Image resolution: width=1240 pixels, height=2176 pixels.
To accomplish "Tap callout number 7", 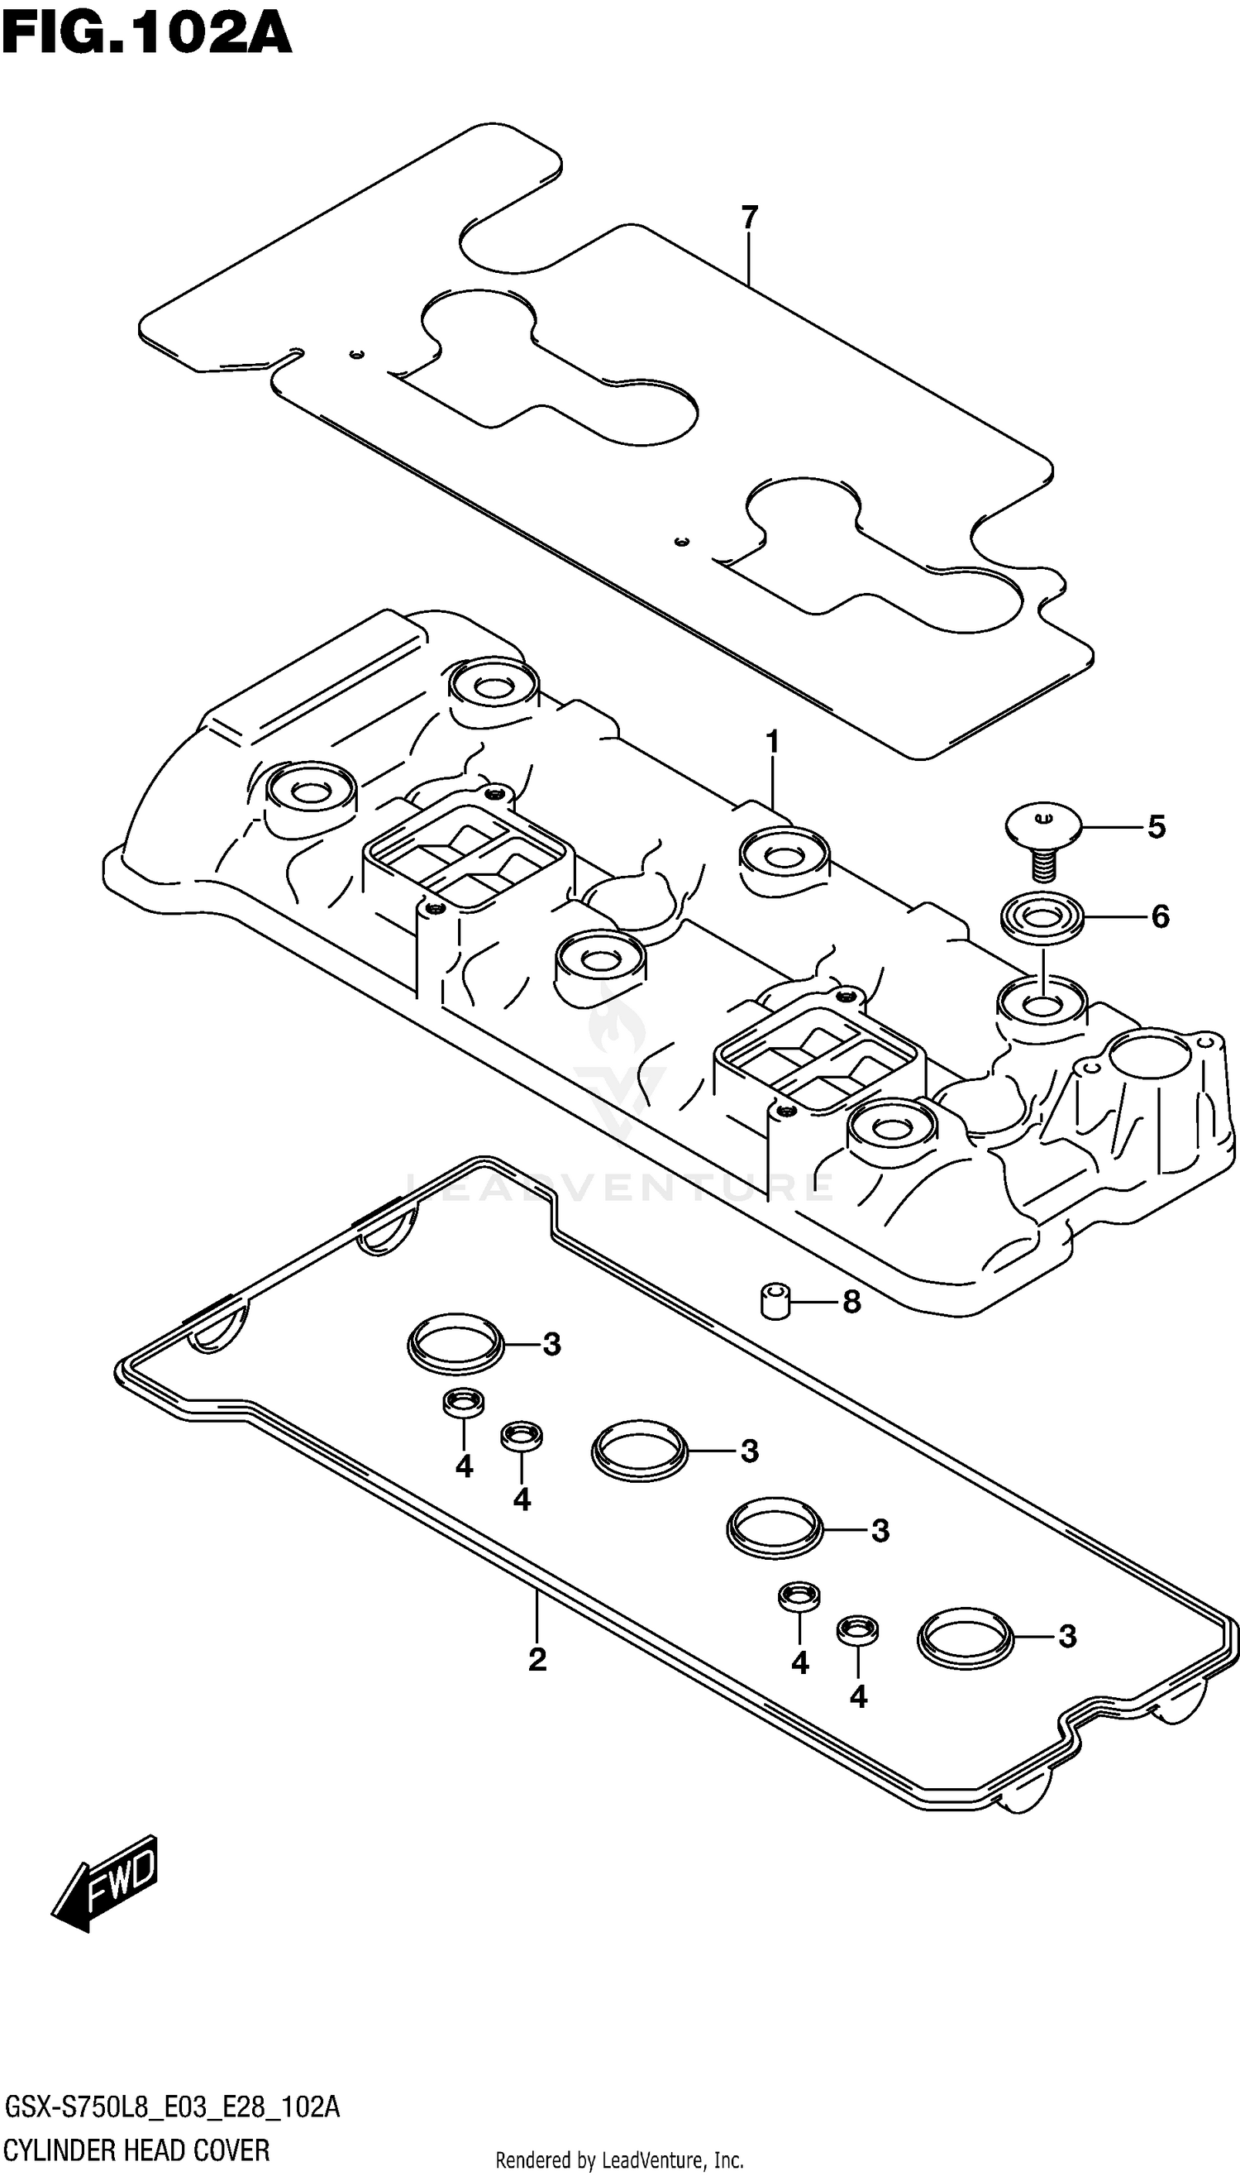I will [x=749, y=218].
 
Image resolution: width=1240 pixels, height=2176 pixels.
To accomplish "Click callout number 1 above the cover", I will [x=771, y=743].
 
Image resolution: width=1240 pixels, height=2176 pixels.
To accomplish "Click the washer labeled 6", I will [x=1042, y=919].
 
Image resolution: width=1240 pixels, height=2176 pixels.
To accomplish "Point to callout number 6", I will [x=1160, y=916].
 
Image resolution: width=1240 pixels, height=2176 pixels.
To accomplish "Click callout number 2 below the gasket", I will [x=537, y=1659].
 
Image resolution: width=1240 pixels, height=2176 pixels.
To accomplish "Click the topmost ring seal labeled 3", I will [x=455, y=1346].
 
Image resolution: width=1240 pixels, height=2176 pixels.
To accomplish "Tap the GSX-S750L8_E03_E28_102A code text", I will [x=171, y=2108].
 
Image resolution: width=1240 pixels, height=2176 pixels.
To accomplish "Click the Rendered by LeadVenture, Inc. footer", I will [x=619, y=2159].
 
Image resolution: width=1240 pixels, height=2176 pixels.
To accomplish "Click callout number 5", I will [x=1156, y=826].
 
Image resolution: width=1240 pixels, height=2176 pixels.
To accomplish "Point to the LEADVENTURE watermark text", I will [x=619, y=1187].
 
